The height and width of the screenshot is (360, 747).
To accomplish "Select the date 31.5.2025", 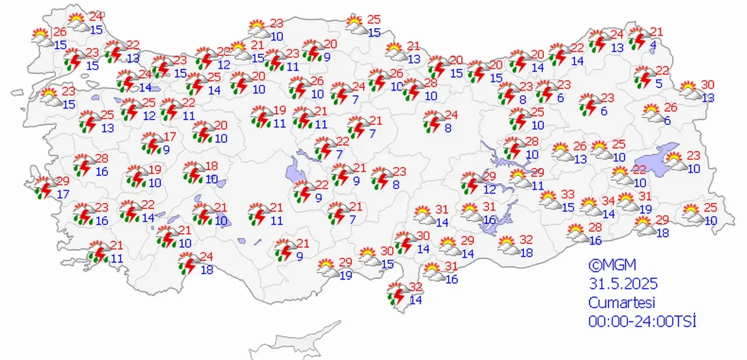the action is (x=623, y=284).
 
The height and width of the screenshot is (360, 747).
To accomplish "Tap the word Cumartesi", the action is (x=622, y=303).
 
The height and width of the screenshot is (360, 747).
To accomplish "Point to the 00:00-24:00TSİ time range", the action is (x=643, y=321).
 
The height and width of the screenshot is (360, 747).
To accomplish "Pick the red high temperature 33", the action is (x=568, y=194).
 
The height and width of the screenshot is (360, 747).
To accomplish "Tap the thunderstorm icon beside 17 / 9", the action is (x=152, y=143).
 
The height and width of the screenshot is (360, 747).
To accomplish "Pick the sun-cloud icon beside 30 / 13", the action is (x=690, y=90).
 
